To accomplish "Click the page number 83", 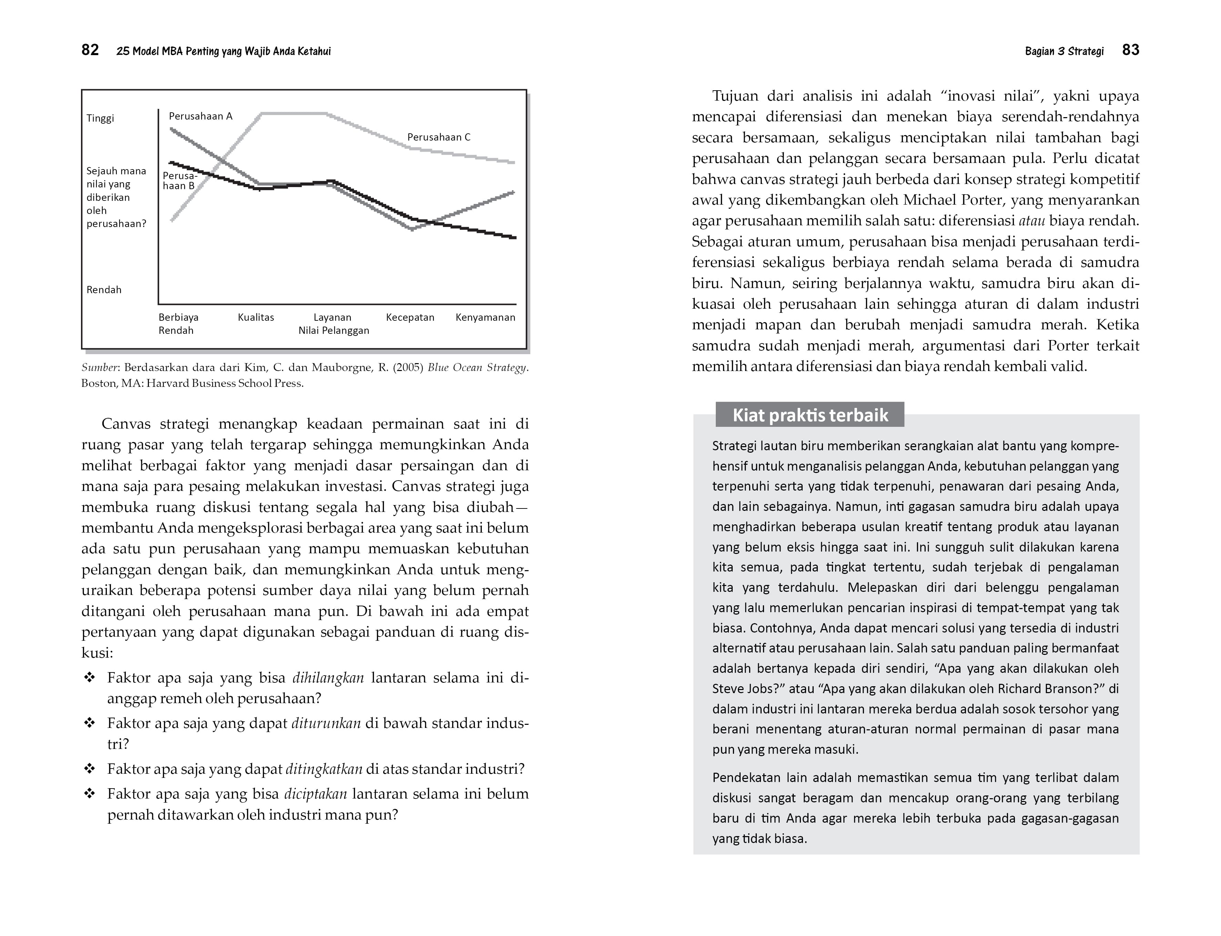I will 1130,50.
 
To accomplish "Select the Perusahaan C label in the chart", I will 439,137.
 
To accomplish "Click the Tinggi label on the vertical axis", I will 100,118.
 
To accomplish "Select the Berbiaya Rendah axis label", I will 178,324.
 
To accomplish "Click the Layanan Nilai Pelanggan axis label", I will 333,324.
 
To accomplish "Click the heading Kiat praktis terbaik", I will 810,415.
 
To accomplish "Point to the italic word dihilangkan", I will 328,678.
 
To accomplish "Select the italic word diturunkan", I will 326,723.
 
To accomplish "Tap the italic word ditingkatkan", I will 324,769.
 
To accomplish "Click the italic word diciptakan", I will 315,794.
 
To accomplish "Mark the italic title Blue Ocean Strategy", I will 477,368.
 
